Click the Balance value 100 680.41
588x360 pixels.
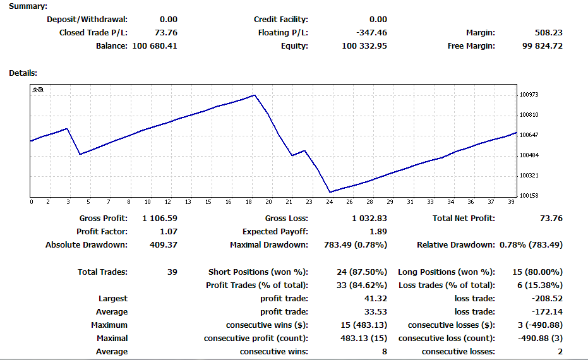click(155, 46)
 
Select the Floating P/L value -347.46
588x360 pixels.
click(371, 33)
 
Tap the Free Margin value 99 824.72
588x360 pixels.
click(543, 46)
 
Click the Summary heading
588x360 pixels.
click(28, 6)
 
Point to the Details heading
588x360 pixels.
click(23, 73)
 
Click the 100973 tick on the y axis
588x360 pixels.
click(529, 95)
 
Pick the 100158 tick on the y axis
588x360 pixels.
click(529, 195)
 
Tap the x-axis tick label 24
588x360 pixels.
click(329, 201)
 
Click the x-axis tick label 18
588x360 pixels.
click(249, 201)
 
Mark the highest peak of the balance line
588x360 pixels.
click(255, 95)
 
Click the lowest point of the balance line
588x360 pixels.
click(330, 192)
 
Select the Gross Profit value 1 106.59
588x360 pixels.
click(160, 219)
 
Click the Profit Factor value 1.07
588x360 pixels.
click(169, 232)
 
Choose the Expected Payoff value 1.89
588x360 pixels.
click(378, 232)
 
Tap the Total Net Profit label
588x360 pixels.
click(464, 219)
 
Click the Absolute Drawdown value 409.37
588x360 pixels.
click(164, 245)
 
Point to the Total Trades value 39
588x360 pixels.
click(172, 272)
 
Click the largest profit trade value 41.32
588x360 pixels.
click(376, 299)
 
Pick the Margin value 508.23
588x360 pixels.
click(549, 33)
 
